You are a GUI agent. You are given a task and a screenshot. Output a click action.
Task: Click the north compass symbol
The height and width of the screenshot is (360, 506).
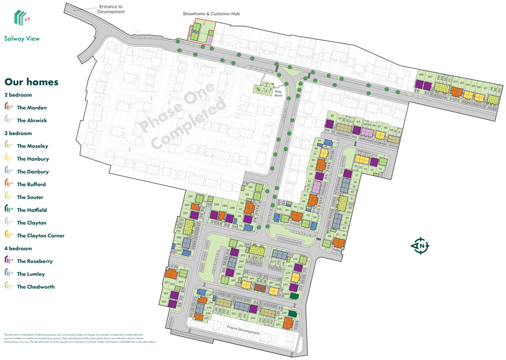tap(421, 246)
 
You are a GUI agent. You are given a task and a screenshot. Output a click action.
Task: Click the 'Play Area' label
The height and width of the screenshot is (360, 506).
tap(278, 93)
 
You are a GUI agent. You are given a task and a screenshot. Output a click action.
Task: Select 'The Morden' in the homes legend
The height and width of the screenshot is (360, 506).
tap(32, 107)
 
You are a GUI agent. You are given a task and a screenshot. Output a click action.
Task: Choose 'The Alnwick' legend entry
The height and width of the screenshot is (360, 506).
tap(32, 120)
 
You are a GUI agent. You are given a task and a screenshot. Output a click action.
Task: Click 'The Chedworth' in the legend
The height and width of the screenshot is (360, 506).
tap(36, 287)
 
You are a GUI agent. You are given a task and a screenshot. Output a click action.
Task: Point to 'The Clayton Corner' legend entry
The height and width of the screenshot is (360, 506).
tap(41, 236)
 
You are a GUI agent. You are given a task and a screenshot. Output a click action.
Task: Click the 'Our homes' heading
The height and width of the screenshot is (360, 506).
tap(31, 82)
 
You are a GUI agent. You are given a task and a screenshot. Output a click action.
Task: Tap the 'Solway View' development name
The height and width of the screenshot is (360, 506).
tap(21, 39)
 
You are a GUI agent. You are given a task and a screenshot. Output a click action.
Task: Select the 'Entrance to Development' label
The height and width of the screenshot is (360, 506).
tap(111, 8)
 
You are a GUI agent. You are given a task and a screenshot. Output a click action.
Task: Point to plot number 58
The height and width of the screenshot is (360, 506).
tap(332, 115)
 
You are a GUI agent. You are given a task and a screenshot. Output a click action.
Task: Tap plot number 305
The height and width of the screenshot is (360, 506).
tap(164, 302)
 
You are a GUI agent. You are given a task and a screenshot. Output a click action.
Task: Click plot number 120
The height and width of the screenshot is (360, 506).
tap(250, 187)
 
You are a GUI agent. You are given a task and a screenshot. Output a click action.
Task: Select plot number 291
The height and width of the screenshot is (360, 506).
tap(191, 196)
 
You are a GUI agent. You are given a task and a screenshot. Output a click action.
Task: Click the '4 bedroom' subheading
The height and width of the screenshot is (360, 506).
tap(18, 248)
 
